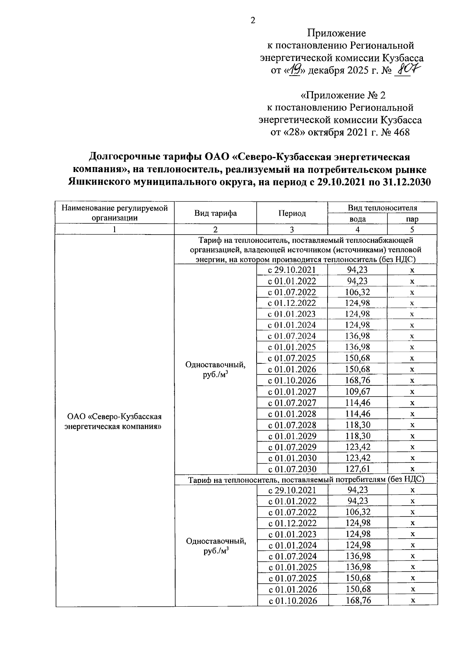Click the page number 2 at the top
(253, 20)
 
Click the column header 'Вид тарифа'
(215, 213)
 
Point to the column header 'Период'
(292, 213)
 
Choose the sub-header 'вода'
(357, 219)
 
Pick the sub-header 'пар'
(412, 219)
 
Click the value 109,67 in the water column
(357, 392)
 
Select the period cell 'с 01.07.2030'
(292, 469)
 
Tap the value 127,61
(357, 469)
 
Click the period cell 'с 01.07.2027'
(292, 403)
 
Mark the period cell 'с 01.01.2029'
(292, 436)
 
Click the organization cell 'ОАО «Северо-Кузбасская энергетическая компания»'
(114, 422)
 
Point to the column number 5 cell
(412, 229)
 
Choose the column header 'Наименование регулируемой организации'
(115, 213)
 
